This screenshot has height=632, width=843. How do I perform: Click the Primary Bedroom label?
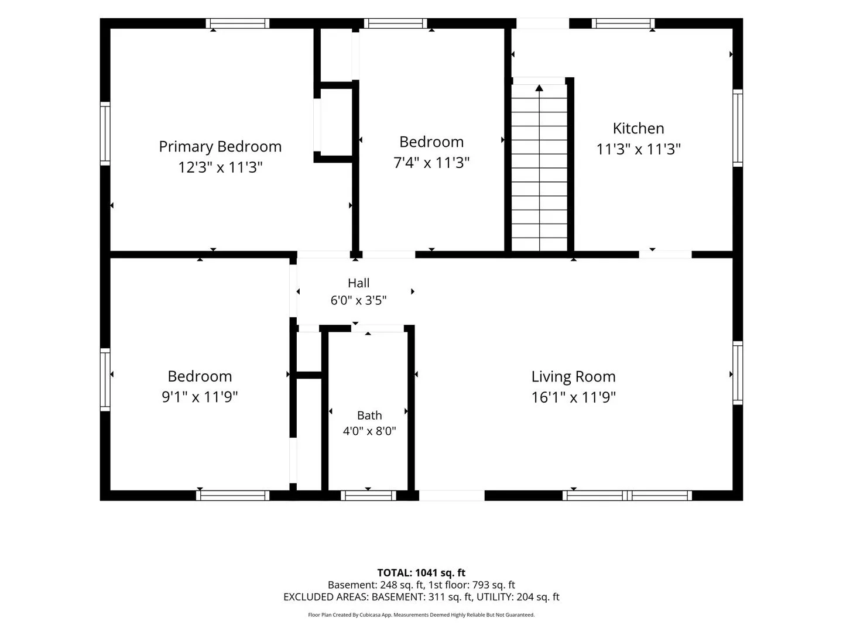click(x=220, y=146)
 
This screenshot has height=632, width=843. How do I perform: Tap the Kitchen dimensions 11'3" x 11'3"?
click(x=638, y=149)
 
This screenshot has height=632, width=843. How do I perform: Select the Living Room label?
click(x=573, y=376)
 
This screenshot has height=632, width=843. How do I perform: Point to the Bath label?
click(x=369, y=415)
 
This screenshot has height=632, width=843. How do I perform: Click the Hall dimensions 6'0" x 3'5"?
click(x=358, y=300)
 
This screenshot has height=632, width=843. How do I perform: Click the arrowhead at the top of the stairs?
click(x=539, y=88)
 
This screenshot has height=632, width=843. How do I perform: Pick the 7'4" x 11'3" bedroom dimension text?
click(x=431, y=163)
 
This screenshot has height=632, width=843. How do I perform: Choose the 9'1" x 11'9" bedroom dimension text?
click(x=200, y=397)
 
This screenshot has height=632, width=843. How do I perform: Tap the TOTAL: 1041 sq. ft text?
click(x=421, y=573)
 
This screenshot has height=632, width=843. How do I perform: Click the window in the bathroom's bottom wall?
click(x=368, y=496)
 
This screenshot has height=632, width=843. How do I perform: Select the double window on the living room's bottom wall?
click(x=627, y=496)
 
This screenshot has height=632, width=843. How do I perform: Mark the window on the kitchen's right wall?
click(x=738, y=128)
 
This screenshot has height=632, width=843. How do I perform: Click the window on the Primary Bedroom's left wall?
click(x=105, y=133)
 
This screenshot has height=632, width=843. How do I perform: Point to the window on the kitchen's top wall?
click(x=623, y=23)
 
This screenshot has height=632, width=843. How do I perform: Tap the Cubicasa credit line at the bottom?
click(x=421, y=614)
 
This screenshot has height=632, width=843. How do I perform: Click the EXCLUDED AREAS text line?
click(x=421, y=597)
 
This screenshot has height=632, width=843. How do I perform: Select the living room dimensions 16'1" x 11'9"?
click(x=573, y=397)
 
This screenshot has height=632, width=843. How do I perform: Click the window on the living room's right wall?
click(x=738, y=373)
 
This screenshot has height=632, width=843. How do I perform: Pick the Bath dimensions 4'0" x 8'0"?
click(x=369, y=431)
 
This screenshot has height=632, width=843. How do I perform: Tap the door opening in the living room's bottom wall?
click(x=451, y=496)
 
